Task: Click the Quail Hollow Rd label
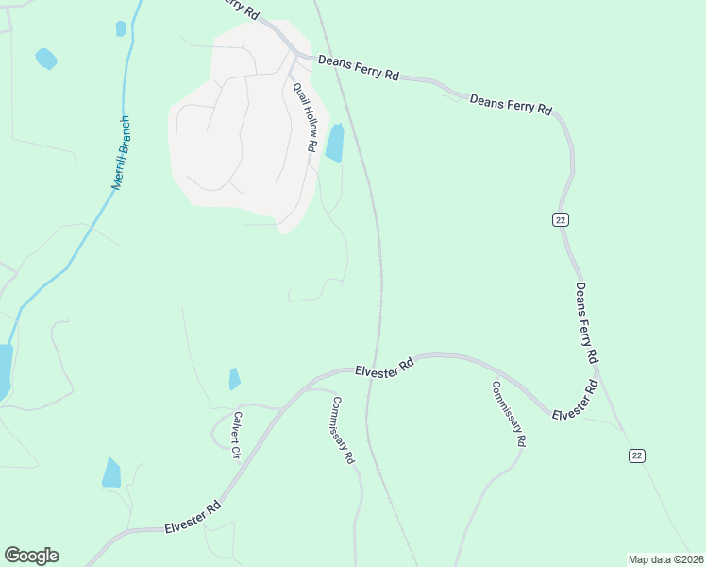[303, 117]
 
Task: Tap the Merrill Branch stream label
[121, 153]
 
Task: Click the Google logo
[31, 556]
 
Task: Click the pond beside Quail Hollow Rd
[334, 143]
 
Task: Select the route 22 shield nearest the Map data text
[637, 455]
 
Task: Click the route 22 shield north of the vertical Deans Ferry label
[561, 219]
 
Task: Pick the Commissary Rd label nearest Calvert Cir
[343, 430]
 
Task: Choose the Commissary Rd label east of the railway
[508, 414]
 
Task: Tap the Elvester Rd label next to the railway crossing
[385, 366]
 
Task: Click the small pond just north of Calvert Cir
[234, 379]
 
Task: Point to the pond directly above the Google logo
[111, 472]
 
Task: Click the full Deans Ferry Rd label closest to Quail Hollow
[358, 67]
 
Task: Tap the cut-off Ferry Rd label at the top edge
[240, 9]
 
